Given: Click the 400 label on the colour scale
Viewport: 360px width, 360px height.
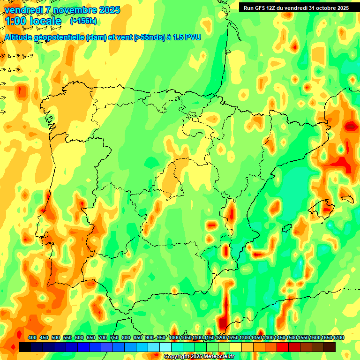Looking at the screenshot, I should click(x=32, y=337).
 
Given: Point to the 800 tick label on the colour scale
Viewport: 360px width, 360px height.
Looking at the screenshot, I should click(x=126, y=337).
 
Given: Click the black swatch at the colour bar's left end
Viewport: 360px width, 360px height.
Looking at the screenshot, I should click(x=25, y=347).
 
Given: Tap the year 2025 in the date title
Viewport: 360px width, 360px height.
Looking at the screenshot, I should click(x=107, y=10).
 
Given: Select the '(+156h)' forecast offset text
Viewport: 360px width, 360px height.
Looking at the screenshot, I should click(x=83, y=21).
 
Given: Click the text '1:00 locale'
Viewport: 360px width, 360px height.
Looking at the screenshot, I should click(x=33, y=21).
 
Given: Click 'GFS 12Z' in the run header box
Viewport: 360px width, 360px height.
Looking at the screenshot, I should click(x=265, y=8).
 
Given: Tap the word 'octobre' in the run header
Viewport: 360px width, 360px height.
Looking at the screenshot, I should click(x=324, y=8).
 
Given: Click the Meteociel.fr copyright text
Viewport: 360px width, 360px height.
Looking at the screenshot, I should click(x=199, y=357).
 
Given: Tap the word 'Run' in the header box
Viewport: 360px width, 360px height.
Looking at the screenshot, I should click(x=249, y=8).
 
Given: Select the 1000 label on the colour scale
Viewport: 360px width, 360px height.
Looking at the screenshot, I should click(x=174, y=337).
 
